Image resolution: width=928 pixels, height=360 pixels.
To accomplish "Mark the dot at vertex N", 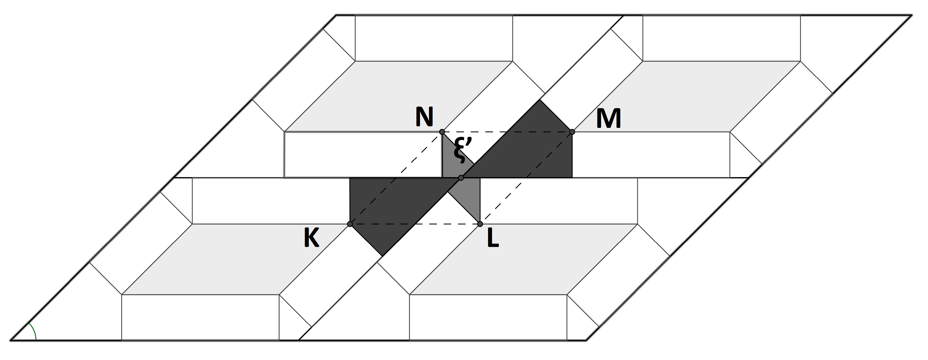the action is coord(442,132).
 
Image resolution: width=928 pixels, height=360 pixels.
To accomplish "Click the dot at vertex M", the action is coord(572,132).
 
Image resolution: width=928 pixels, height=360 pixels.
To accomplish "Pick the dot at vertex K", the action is coord(350,224).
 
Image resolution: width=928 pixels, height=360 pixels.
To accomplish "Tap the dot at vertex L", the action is coord(480,224).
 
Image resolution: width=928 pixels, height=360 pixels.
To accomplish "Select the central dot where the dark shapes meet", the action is coord(461,178).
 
